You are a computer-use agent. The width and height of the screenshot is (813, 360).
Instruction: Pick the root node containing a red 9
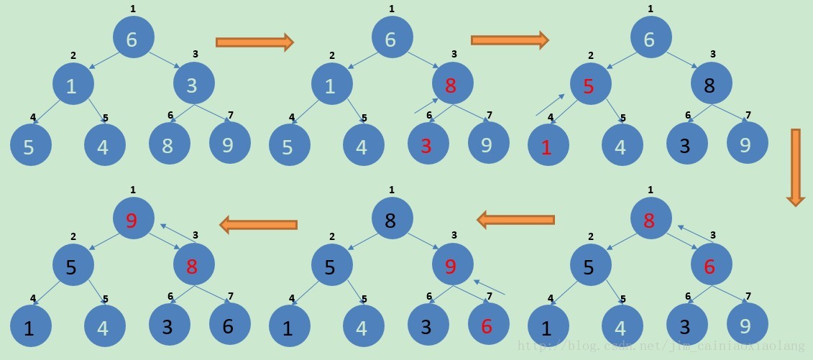(133, 218)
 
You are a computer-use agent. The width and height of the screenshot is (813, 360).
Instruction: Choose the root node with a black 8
(392, 218)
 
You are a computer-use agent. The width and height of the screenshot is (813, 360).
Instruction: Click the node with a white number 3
(193, 85)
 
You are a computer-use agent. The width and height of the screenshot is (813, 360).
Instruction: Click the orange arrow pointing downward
(795, 167)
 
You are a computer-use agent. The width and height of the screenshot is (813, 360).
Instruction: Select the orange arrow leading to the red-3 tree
(255, 42)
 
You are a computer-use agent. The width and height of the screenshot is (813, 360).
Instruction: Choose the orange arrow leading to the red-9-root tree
(259, 225)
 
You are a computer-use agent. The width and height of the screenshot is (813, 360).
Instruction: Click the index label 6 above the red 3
(429, 116)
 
